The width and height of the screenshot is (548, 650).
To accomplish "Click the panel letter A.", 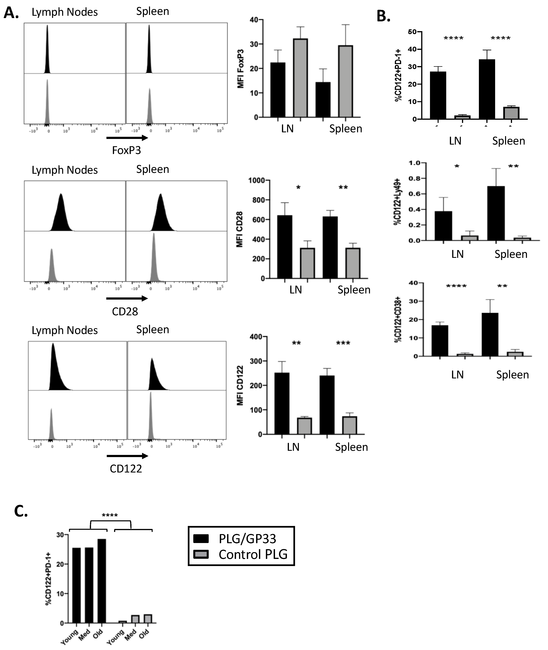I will [11, 13].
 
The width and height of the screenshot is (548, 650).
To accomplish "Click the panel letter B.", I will [383, 16].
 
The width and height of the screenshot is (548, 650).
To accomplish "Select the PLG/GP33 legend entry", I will [247, 539].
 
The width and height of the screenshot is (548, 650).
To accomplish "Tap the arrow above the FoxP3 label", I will [127, 138].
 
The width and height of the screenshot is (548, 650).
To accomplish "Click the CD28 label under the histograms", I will [125, 311].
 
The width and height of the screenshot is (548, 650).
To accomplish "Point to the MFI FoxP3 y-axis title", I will [241, 69].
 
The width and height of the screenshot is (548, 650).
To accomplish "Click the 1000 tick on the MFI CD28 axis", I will [257, 180].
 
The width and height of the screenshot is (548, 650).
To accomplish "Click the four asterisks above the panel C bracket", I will [110, 516].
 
